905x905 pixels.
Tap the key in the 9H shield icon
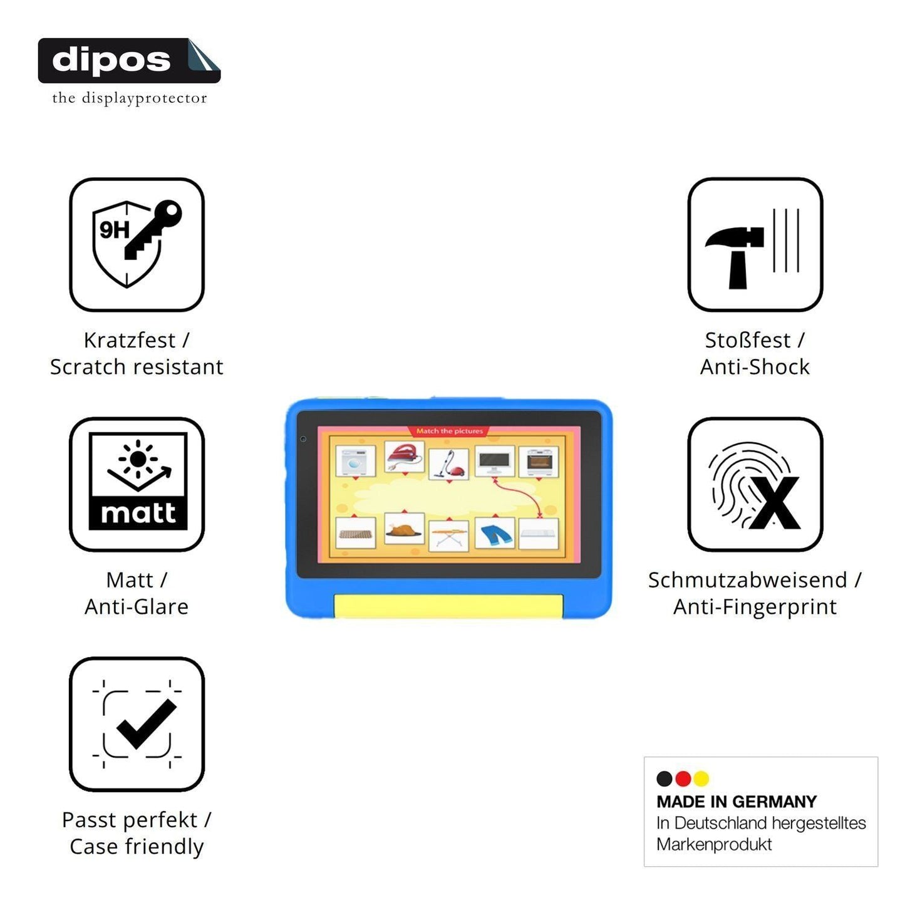(x=153, y=230)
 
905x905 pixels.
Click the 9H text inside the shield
(x=114, y=230)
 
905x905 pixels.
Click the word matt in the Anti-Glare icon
(x=138, y=514)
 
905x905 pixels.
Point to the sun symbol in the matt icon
(x=138, y=459)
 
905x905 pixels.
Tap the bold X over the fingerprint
(x=775, y=502)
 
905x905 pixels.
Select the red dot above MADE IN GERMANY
(x=683, y=778)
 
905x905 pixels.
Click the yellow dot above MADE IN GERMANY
(x=701, y=778)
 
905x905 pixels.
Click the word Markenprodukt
(x=714, y=844)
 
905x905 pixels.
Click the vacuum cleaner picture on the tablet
(x=449, y=464)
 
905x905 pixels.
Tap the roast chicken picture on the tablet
(x=404, y=529)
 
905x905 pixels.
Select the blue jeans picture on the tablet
(x=495, y=534)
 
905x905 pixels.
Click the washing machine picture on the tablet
(x=356, y=461)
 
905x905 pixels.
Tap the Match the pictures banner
(x=450, y=431)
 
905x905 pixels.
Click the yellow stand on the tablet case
(x=448, y=606)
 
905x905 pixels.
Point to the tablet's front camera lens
(x=303, y=439)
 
